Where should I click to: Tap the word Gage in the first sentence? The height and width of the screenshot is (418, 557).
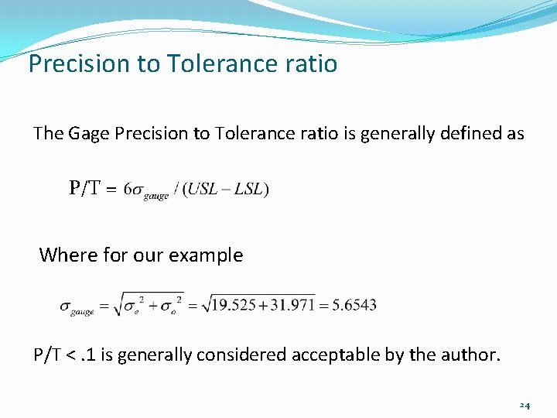[89, 134]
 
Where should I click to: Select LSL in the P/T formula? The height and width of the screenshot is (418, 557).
[249, 189]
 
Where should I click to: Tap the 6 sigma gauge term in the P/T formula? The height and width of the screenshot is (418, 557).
[147, 190]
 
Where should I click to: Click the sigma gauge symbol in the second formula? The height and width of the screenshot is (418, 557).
[77, 307]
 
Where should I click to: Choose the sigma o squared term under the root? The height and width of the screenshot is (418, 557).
[173, 305]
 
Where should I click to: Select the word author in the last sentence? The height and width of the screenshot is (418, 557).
[475, 355]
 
